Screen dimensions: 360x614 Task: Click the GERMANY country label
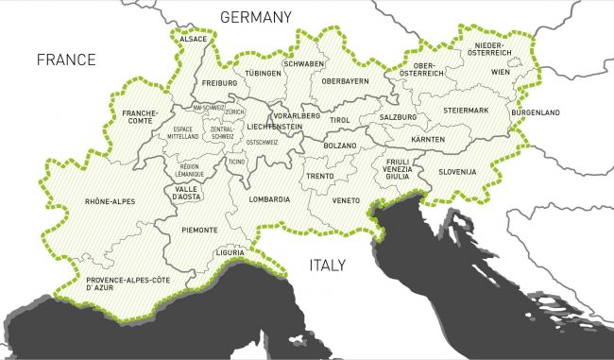255,16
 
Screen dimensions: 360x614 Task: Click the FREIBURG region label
219,82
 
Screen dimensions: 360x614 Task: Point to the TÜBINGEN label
264,73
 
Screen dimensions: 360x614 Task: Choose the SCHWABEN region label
304,63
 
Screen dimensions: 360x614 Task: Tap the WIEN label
500,71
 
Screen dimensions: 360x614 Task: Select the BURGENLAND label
535,112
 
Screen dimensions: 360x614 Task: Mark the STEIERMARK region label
466,111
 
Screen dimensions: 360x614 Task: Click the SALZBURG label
397,116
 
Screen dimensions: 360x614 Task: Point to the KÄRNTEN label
428,140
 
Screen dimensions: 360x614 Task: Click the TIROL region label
339,120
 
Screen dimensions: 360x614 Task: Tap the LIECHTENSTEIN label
274,126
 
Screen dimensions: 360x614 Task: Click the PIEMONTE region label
199,230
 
